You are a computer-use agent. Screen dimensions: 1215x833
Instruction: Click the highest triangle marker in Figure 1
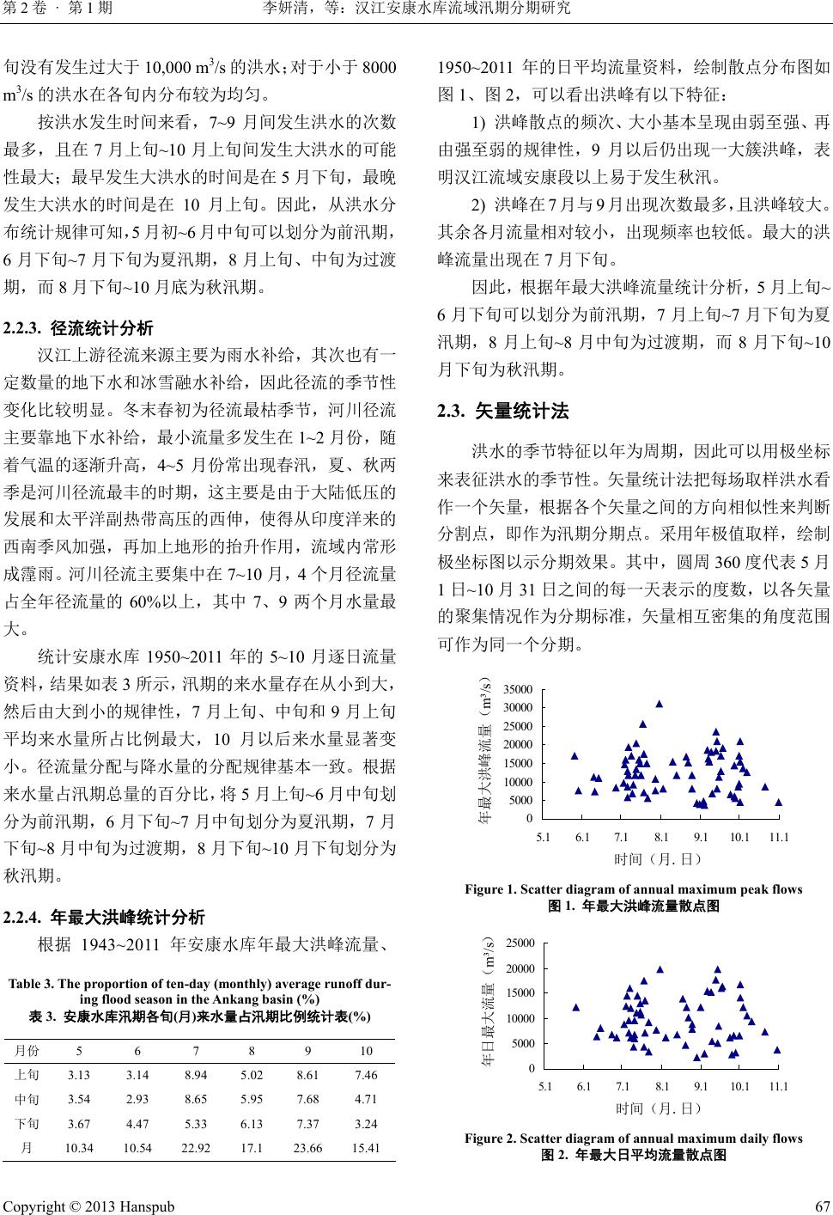click(x=660, y=704)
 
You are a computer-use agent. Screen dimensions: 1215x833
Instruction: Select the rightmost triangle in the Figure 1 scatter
click(x=779, y=803)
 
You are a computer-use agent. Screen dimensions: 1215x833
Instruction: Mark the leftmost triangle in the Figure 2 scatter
click(x=576, y=1007)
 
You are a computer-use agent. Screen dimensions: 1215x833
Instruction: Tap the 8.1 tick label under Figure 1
click(x=661, y=836)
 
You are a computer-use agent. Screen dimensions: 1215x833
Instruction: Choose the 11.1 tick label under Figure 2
click(x=778, y=1086)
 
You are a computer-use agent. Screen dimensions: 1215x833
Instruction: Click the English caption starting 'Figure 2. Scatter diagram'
click(x=633, y=1139)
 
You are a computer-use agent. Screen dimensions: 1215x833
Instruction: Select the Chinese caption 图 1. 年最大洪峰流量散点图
click(x=633, y=906)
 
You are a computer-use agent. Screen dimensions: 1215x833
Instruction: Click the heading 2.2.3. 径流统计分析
click(x=79, y=327)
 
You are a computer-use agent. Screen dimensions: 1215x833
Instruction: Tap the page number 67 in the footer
click(x=820, y=1206)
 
